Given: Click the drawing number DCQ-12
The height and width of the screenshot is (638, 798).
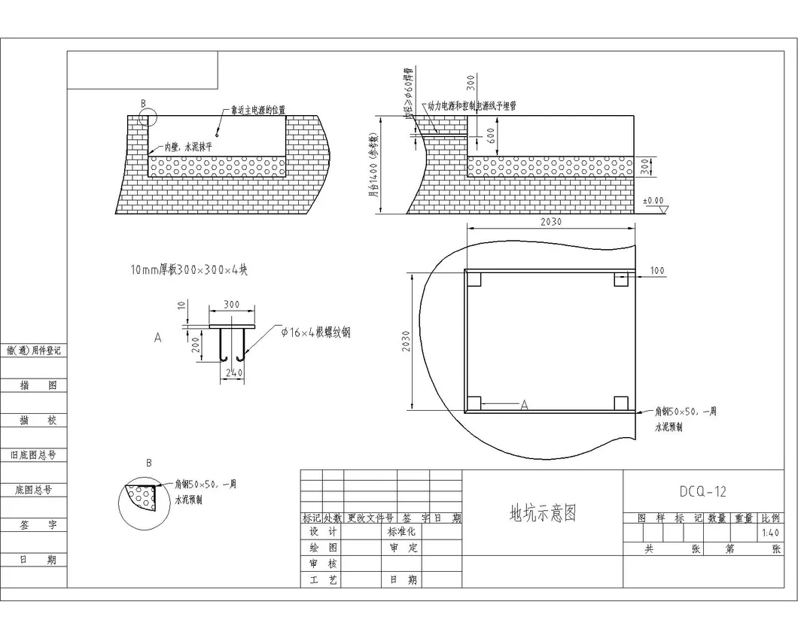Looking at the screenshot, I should tap(702, 492).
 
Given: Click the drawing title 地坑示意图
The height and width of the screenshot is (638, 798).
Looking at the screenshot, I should tap(543, 513).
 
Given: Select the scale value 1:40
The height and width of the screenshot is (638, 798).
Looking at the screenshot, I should tap(770, 533).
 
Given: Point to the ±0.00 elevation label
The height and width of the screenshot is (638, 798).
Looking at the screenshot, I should tap(653, 201).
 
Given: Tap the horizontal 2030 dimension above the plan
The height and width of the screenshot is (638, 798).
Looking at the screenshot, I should tap(550, 221).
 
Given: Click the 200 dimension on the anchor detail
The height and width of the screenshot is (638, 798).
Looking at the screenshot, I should tap(195, 345).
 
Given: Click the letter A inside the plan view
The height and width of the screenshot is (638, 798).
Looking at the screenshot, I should tap(525, 405).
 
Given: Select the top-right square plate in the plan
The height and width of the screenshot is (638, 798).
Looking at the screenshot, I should tap(621, 279).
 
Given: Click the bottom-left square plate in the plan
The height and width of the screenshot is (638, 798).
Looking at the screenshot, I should tap(474, 403).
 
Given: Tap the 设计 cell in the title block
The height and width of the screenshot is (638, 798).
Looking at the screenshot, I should tap(322, 531).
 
